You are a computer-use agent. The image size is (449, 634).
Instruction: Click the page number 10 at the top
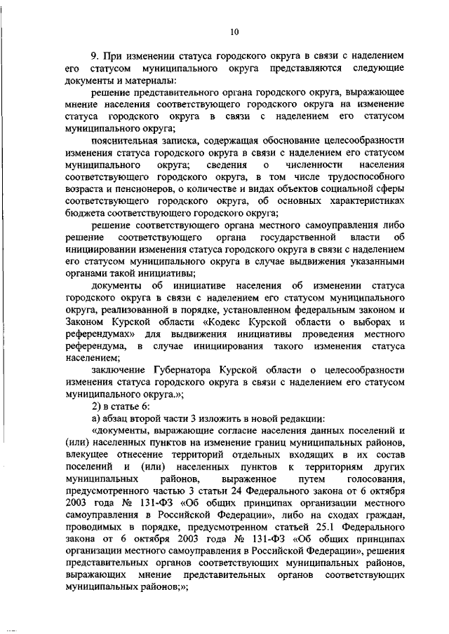point(234,30)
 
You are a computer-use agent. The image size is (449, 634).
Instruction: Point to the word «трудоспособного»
point(368,177)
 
